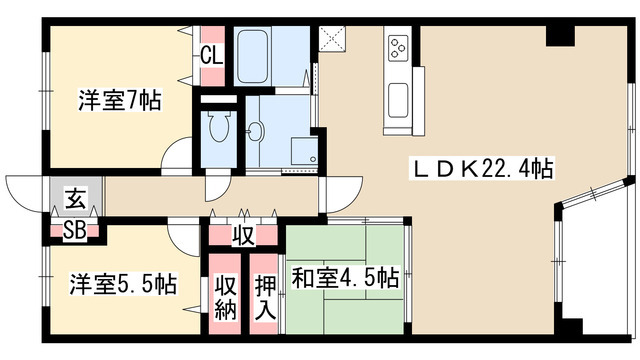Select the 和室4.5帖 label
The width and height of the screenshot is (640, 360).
347,276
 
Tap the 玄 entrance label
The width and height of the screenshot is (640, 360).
75,198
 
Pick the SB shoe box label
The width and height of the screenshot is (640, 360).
75,229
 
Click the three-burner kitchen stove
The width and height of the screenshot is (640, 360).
397,48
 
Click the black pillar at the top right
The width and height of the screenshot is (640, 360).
560,35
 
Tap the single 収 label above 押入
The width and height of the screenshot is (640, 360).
243,236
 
